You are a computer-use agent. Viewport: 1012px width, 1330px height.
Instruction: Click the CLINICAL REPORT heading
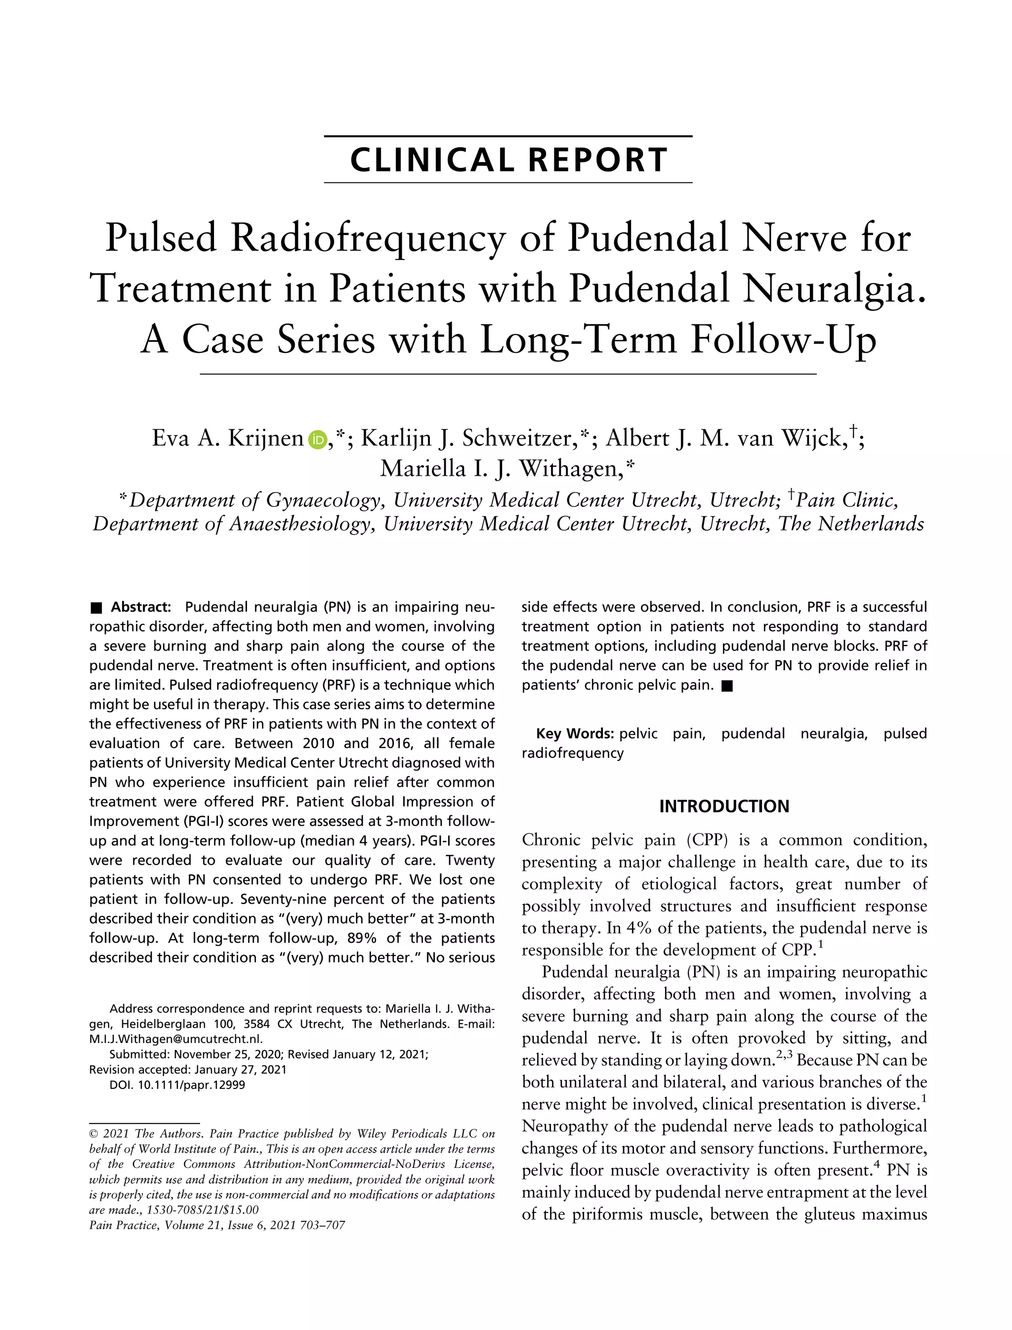pyautogui.click(x=508, y=160)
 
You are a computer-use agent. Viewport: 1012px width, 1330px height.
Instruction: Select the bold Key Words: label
pyautogui.click(x=575, y=734)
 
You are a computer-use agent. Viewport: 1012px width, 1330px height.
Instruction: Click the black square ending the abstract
pyautogui.click(x=727, y=686)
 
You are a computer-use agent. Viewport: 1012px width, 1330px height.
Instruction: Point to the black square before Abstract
pyautogui.click(x=96, y=607)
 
